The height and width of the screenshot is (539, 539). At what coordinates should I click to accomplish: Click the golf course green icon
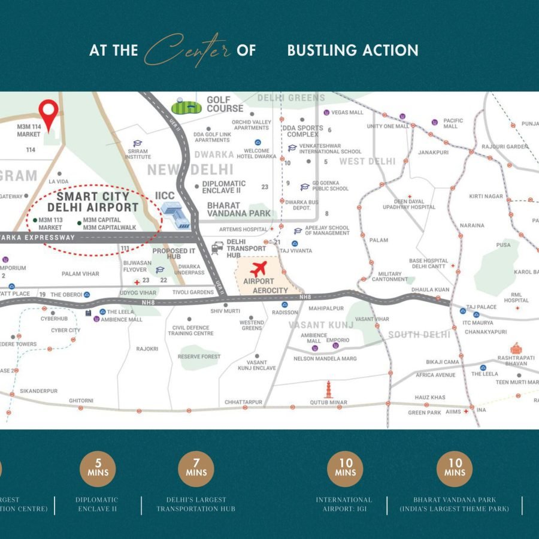click(x=187, y=107)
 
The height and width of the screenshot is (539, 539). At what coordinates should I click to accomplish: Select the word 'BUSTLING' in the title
click(x=319, y=51)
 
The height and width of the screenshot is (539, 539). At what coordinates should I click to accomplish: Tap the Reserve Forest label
click(x=199, y=356)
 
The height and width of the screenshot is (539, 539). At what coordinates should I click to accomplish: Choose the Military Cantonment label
click(x=389, y=276)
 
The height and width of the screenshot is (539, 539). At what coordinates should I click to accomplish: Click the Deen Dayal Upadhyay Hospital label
click(x=409, y=204)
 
